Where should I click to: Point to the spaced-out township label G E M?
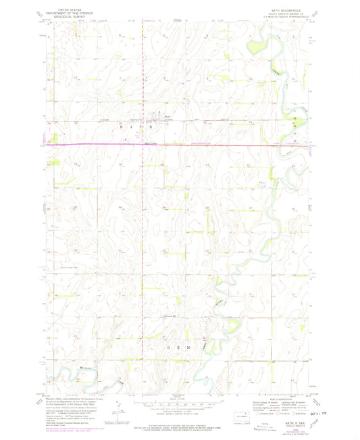177,348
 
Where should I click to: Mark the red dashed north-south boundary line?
143,202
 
